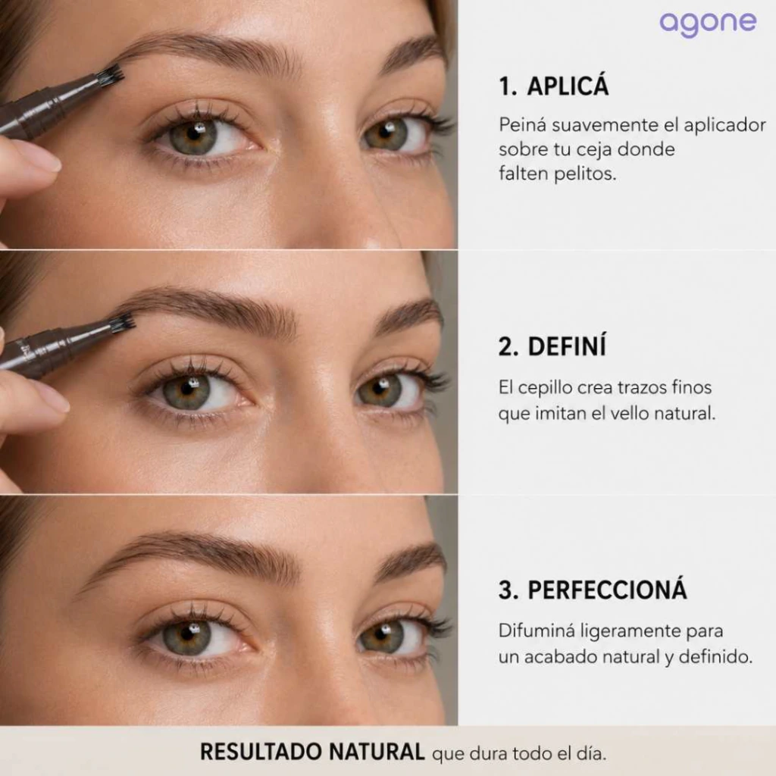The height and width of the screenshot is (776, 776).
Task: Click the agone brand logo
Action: coord(708,23)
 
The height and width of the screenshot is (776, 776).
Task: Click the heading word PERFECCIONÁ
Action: coord(607,590)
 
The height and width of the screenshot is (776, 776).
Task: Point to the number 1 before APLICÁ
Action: coord(506,86)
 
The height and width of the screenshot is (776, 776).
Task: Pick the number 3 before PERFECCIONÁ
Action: coord(507,590)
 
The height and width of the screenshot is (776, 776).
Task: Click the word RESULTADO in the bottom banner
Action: coord(261,751)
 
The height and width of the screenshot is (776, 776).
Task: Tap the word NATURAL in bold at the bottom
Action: coord(377,751)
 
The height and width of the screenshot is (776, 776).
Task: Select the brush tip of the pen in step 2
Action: coord(122,323)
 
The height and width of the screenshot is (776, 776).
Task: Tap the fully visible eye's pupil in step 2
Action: coord(187,389)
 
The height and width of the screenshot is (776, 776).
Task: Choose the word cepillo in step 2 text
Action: coord(545,387)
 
